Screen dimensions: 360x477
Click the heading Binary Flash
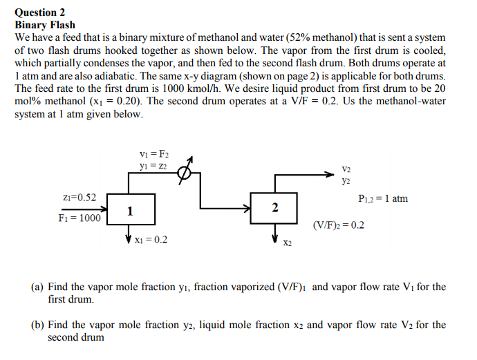point(45,24)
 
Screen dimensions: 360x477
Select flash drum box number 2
point(275,208)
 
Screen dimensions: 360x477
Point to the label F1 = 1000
point(79,218)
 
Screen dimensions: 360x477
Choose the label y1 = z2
point(153,166)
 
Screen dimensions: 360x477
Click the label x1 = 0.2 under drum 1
point(151,240)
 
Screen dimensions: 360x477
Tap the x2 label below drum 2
point(288,243)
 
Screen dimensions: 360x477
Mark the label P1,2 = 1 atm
point(384,199)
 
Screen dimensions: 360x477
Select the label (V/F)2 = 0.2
point(338,225)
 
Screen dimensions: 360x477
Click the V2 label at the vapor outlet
point(346,169)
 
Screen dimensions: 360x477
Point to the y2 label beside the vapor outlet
point(346,181)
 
